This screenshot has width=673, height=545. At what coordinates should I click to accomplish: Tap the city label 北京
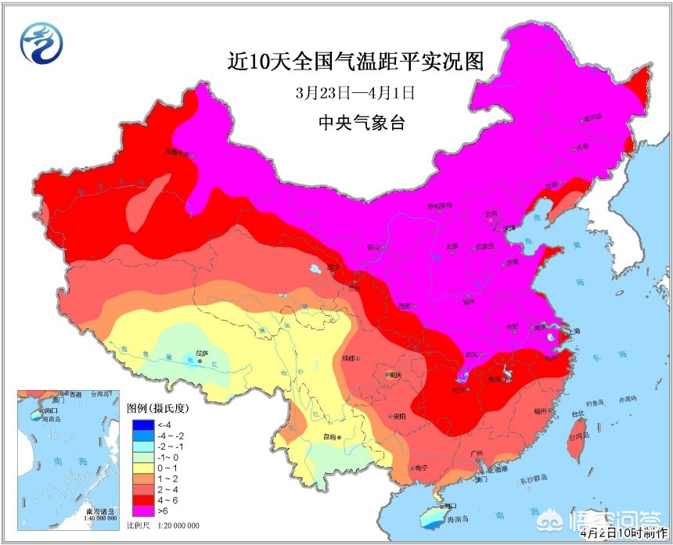491,213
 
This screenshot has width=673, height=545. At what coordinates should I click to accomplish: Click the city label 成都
347,358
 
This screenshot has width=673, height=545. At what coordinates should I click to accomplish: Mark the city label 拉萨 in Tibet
202,353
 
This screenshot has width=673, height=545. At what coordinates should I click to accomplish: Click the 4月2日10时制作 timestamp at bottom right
626,534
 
